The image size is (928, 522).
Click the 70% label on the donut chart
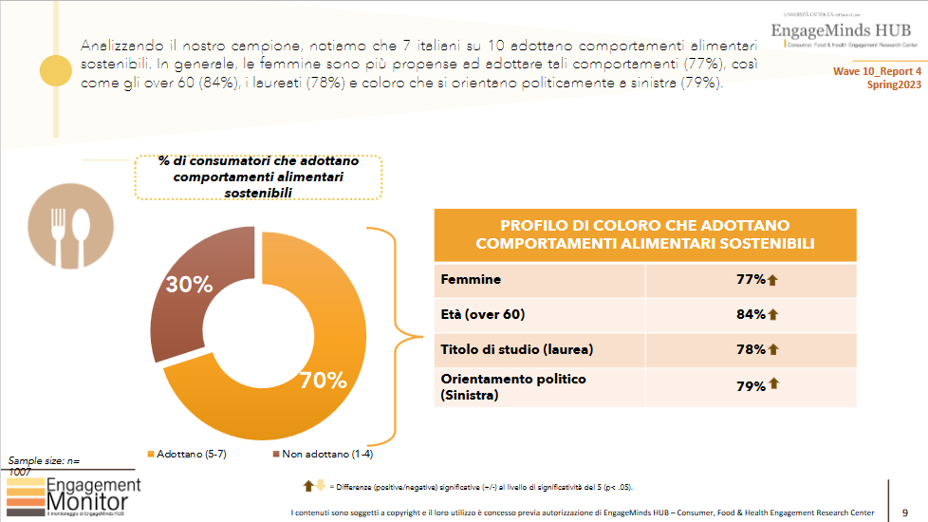click(323, 382)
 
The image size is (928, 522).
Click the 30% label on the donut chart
click(189, 285)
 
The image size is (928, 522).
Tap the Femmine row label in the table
click(471, 280)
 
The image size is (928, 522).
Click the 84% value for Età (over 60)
click(751, 314)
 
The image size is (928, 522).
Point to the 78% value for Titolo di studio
click(751, 349)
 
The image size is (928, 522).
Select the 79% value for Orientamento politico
click(751, 385)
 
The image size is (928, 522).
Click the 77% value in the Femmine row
click(751, 280)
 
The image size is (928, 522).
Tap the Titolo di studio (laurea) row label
click(516, 349)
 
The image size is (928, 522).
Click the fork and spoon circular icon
click(66, 231)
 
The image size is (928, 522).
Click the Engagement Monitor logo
click(74, 496)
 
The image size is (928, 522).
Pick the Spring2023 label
click(893, 84)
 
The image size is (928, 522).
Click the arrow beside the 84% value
click(773, 314)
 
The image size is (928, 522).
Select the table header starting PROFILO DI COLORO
click(644, 234)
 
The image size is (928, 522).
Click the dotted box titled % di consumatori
click(258, 177)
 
